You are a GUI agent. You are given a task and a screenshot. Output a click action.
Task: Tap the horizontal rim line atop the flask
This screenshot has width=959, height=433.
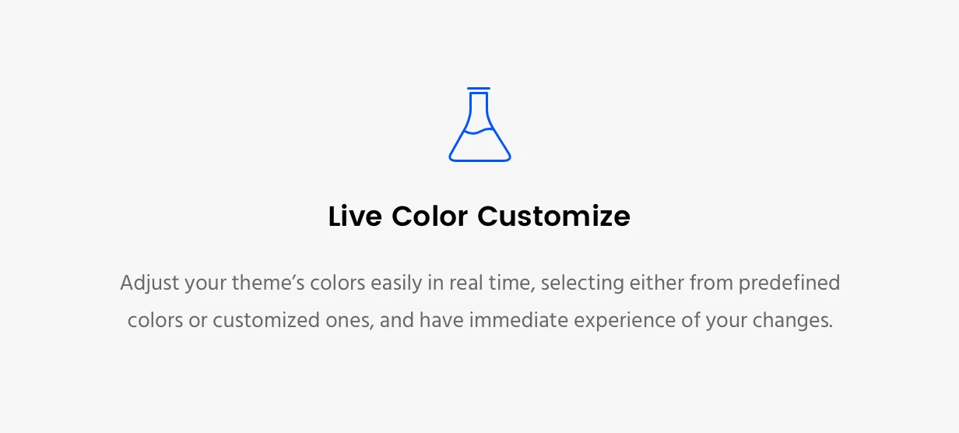coord(479,89)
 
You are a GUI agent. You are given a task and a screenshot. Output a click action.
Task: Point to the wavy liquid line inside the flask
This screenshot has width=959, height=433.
coord(479,132)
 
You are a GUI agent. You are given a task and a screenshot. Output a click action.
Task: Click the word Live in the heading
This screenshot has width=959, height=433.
coord(354,216)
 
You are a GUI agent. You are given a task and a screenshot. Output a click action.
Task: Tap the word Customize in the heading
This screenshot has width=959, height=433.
coord(553,216)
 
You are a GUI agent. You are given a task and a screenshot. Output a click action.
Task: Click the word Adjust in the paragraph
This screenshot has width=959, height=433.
coord(149,283)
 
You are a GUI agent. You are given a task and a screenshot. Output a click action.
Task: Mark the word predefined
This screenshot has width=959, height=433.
coord(789,283)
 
